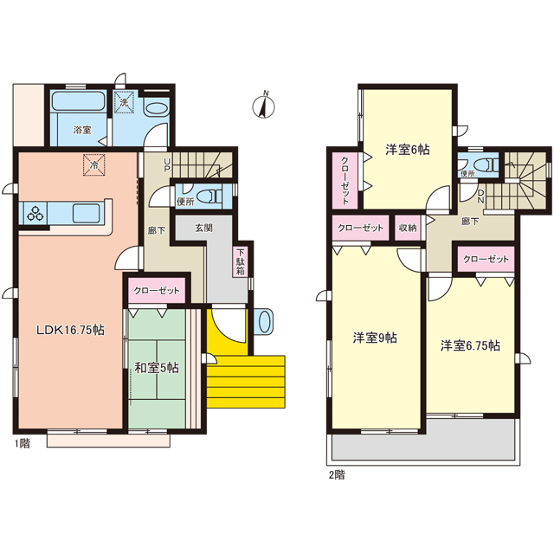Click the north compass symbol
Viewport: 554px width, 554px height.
tap(263, 105)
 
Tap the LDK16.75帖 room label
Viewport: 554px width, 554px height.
tap(71, 330)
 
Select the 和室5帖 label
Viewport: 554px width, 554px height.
tap(157, 368)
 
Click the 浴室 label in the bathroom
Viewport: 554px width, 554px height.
tap(82, 130)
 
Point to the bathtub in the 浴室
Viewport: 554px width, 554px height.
tap(78, 101)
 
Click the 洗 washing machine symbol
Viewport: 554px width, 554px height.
tap(124, 102)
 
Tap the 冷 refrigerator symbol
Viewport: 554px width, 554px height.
tap(94, 164)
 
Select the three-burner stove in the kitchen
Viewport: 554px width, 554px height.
tap(35, 213)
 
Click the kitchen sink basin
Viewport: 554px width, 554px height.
tap(87, 214)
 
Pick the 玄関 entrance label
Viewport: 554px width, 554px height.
tap(204, 228)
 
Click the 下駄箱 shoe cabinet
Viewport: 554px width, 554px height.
tap(241, 261)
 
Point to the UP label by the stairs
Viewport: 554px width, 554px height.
tap(167, 165)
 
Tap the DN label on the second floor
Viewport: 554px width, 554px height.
tap(481, 196)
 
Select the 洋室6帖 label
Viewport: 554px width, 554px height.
tap(408, 150)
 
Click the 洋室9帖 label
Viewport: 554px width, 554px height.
tap(375, 338)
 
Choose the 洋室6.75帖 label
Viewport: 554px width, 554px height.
tap(470, 345)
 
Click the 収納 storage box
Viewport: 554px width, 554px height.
tap(408, 228)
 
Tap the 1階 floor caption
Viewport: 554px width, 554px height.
tap(23, 443)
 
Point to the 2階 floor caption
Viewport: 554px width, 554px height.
tap(337, 475)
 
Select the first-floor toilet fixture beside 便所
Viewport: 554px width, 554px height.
tap(208, 196)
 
